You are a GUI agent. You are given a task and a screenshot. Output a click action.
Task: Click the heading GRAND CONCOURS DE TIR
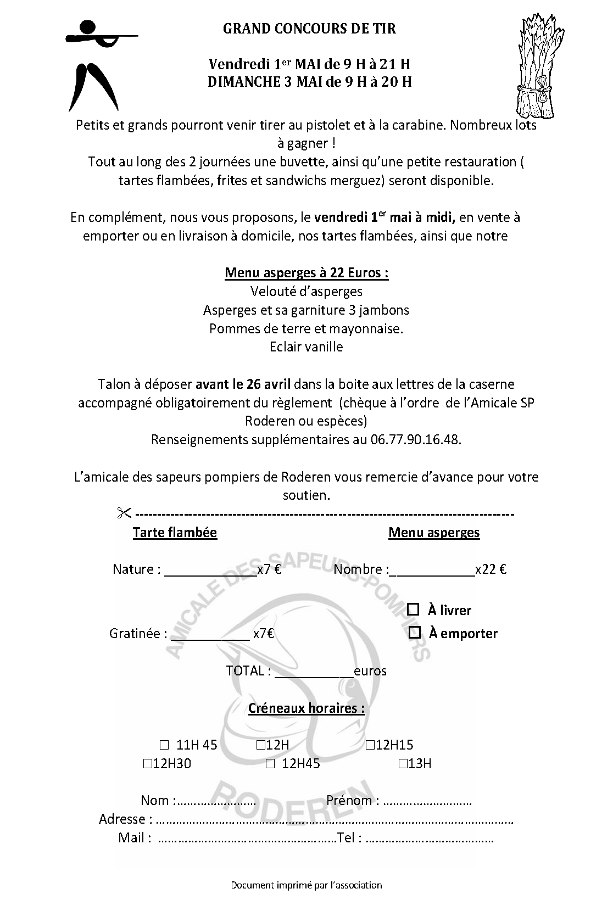point(309,29)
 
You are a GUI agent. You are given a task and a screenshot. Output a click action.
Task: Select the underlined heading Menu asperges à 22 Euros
point(306,273)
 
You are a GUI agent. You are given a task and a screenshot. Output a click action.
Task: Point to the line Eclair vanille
point(306,347)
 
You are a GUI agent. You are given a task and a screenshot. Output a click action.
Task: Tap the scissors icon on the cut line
point(124,513)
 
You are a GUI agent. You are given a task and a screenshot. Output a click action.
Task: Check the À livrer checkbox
point(414,610)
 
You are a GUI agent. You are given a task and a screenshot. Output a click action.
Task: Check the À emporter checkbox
point(415,633)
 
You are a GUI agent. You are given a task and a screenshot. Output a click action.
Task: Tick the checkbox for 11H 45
point(164,745)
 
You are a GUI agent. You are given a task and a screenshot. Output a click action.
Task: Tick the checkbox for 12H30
point(147,763)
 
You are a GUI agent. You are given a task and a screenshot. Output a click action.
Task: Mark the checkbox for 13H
point(403,763)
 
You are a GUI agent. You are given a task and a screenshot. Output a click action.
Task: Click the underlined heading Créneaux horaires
point(306,708)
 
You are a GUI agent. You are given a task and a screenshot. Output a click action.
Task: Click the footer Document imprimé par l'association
point(306,885)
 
